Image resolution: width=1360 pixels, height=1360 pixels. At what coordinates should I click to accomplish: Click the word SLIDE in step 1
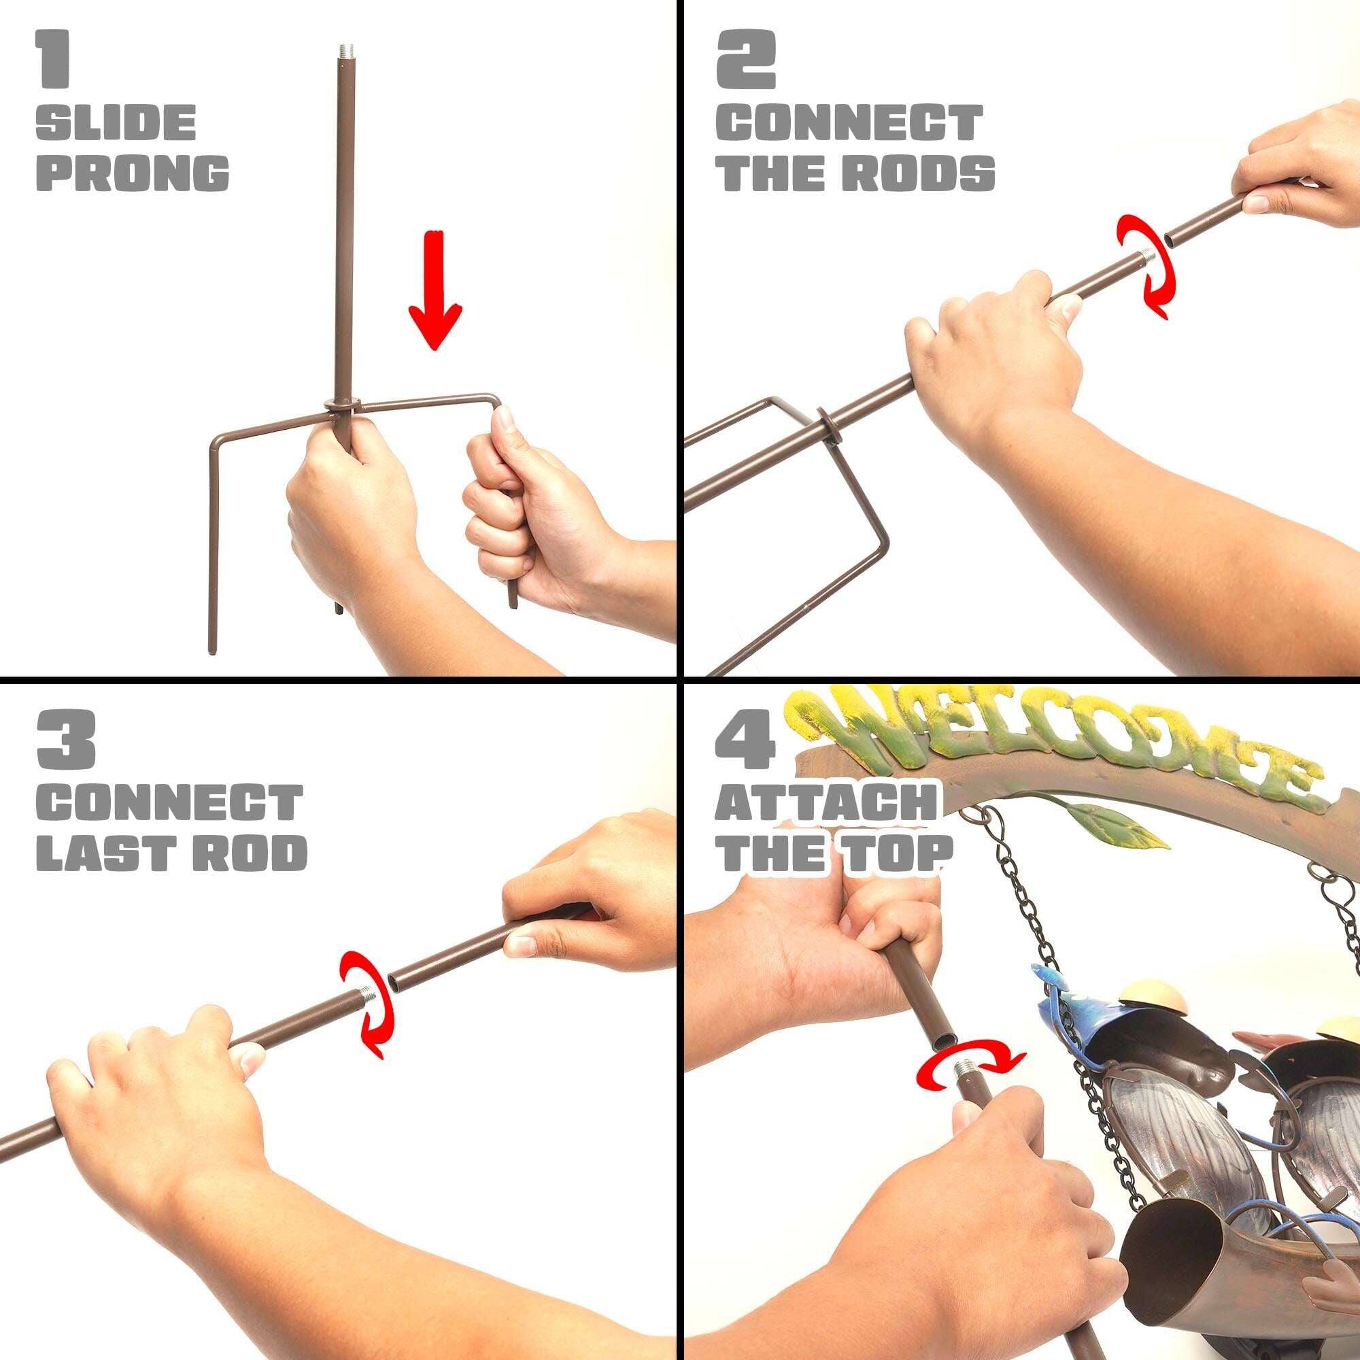(116, 122)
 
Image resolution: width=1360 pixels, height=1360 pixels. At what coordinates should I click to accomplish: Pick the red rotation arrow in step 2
(1146, 267)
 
